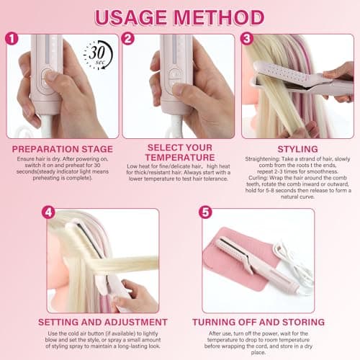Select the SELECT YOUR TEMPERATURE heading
(x=180, y=153)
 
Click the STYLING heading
(x=297, y=149)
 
